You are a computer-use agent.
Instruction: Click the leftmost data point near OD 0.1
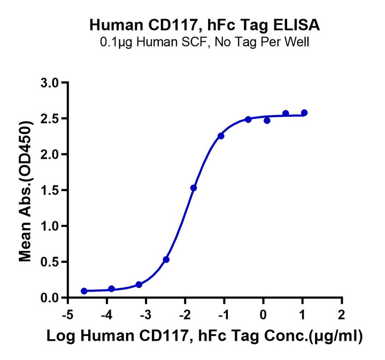[84, 291]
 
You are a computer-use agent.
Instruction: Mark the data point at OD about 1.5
[194, 188]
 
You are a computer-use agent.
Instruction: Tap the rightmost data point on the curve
[304, 113]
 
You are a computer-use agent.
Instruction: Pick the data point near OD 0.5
[166, 260]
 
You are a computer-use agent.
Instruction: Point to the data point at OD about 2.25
[221, 136]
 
